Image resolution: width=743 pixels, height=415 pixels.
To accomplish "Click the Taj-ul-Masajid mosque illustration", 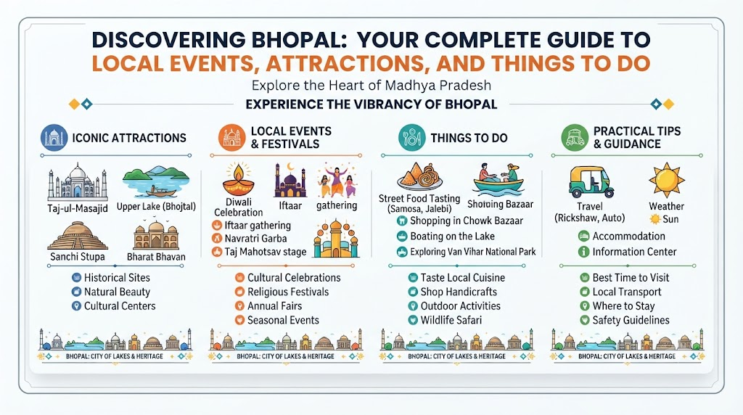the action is coord(78,182).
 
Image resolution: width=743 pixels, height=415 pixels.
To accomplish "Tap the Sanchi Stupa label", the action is coord(77,257).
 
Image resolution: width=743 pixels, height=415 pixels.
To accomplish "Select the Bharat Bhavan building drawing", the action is coord(156,235).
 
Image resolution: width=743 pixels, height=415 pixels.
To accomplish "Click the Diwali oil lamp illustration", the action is coord(238,179).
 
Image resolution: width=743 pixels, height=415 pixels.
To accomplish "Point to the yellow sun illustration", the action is coord(667,181).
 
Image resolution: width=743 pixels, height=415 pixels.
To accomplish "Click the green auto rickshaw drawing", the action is coord(591,182).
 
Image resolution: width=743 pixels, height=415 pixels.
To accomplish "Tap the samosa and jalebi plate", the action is coord(419,176).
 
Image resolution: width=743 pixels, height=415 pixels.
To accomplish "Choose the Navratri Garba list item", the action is coord(256,238).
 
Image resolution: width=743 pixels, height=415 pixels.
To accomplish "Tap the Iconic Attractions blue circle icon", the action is coord(54,138).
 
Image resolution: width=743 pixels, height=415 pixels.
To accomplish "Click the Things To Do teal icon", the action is coord(412,138).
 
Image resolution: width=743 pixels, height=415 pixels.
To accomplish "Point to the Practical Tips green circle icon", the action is coord(575,138).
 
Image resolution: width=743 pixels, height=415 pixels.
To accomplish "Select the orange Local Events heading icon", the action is coord(232,138).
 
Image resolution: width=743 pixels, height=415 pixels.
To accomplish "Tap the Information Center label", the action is coord(634,252).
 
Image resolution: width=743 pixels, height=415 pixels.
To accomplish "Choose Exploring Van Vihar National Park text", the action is coord(473,252).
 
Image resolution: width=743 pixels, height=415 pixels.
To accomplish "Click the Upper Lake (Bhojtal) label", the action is coord(156,207).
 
